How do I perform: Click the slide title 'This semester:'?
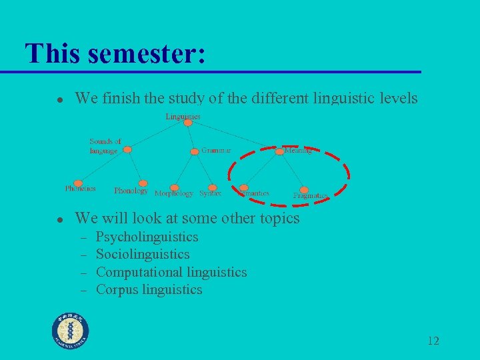(114, 53)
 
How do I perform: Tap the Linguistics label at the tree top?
(183, 117)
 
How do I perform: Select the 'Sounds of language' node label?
(105, 146)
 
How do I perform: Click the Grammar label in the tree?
(216, 151)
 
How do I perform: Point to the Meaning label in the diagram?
(298, 151)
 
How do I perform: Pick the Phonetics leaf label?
(80, 189)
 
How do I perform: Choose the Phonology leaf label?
(131, 191)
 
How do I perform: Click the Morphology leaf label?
(173, 193)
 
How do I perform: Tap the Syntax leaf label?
(210, 193)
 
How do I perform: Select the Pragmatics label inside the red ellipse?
(310, 195)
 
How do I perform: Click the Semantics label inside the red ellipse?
(254, 193)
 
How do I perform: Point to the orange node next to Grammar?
(195, 151)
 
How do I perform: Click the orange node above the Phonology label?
(143, 183)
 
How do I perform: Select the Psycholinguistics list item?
(147, 237)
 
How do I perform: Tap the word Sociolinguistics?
(143, 255)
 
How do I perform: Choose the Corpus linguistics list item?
(149, 289)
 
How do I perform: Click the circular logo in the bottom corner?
(71, 331)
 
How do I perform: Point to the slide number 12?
(433, 341)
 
